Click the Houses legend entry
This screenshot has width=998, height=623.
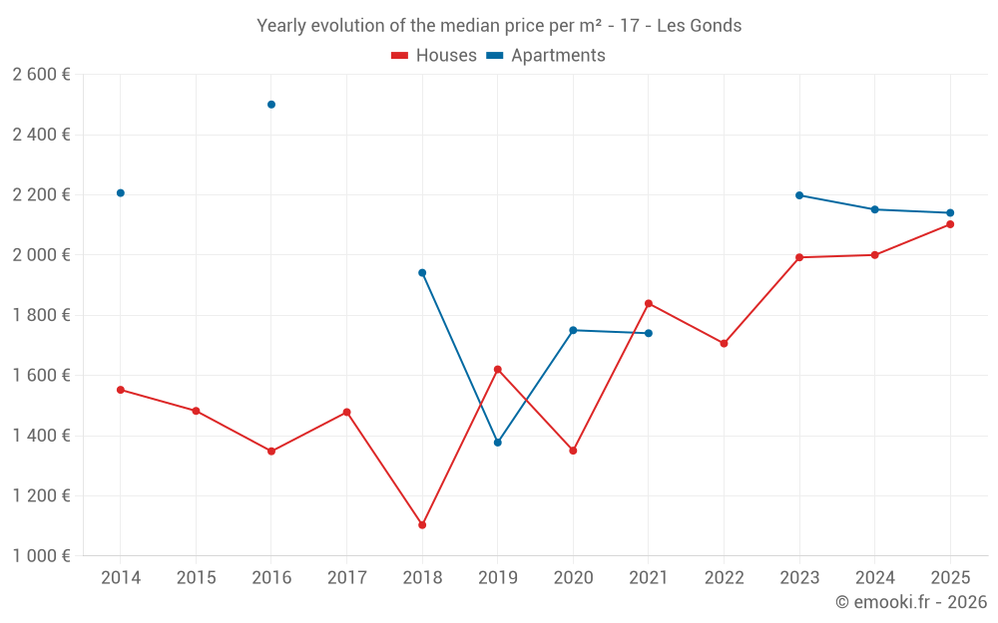tap(434, 56)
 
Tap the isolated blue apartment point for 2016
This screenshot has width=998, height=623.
tap(271, 105)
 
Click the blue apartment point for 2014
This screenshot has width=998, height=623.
tap(121, 193)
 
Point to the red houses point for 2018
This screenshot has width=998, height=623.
tap(422, 525)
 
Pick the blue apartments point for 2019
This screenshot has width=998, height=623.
tap(498, 443)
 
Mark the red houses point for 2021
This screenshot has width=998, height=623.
tap(649, 303)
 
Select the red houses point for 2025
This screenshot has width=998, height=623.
tap(950, 224)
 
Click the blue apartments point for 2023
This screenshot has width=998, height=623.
tap(799, 195)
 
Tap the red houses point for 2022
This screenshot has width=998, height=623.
tap(725, 344)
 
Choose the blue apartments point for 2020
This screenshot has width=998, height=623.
tap(573, 330)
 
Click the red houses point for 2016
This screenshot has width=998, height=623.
tap(271, 452)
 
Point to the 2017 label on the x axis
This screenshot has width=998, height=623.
tap(346, 578)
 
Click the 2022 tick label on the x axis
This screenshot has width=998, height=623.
tap(725, 578)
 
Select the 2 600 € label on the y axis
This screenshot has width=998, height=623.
tap(41, 75)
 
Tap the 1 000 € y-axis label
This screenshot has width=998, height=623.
tap(41, 556)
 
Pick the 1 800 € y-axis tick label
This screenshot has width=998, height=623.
tap(41, 316)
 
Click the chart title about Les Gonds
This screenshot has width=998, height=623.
tap(499, 26)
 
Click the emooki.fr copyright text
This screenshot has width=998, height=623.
tap(911, 602)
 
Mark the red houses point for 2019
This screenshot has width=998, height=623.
tap(498, 370)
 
